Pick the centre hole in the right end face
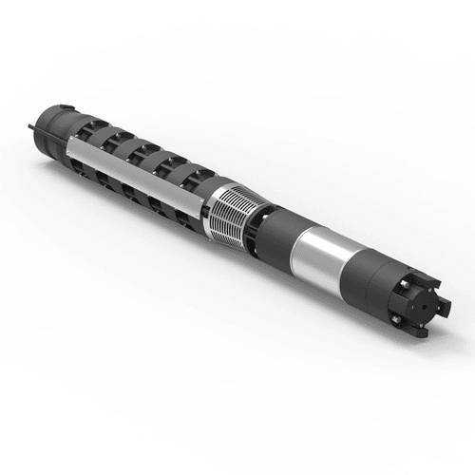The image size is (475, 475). (426, 301)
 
